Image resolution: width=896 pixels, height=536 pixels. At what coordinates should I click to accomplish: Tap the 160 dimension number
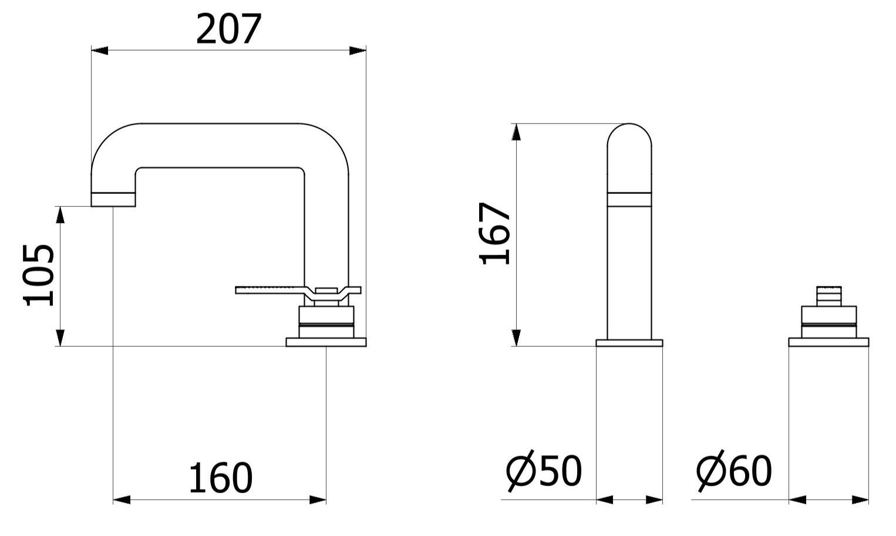pos(220,478)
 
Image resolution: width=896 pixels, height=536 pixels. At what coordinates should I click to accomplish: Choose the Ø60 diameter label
pos(734,471)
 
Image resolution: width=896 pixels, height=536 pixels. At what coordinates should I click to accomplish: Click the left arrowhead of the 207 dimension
pos(100,51)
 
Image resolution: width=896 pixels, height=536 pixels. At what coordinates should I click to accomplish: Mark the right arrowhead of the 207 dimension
pos(358,51)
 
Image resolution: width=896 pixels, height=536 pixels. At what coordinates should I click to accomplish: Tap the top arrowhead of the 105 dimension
pos(60,215)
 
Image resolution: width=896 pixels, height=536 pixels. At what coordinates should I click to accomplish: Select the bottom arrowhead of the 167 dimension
pos(516,337)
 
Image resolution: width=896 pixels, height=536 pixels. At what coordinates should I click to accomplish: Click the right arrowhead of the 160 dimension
pos(318,500)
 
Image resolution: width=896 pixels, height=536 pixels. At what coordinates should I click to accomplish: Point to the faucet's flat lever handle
pos(270,289)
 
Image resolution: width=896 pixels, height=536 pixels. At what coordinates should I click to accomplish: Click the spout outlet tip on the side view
pos(113,200)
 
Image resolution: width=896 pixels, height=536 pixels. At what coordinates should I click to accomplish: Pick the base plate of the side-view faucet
pos(326,342)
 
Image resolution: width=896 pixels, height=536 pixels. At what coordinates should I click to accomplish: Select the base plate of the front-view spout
pos(629,343)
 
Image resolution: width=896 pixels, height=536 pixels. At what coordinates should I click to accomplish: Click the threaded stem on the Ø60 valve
pos(828,296)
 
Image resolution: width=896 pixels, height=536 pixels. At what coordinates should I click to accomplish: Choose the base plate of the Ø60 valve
pos(828,342)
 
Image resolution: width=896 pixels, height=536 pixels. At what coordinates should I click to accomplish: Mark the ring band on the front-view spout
pos(629,199)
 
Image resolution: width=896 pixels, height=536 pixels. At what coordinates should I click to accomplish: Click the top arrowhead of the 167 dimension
pos(516,132)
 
